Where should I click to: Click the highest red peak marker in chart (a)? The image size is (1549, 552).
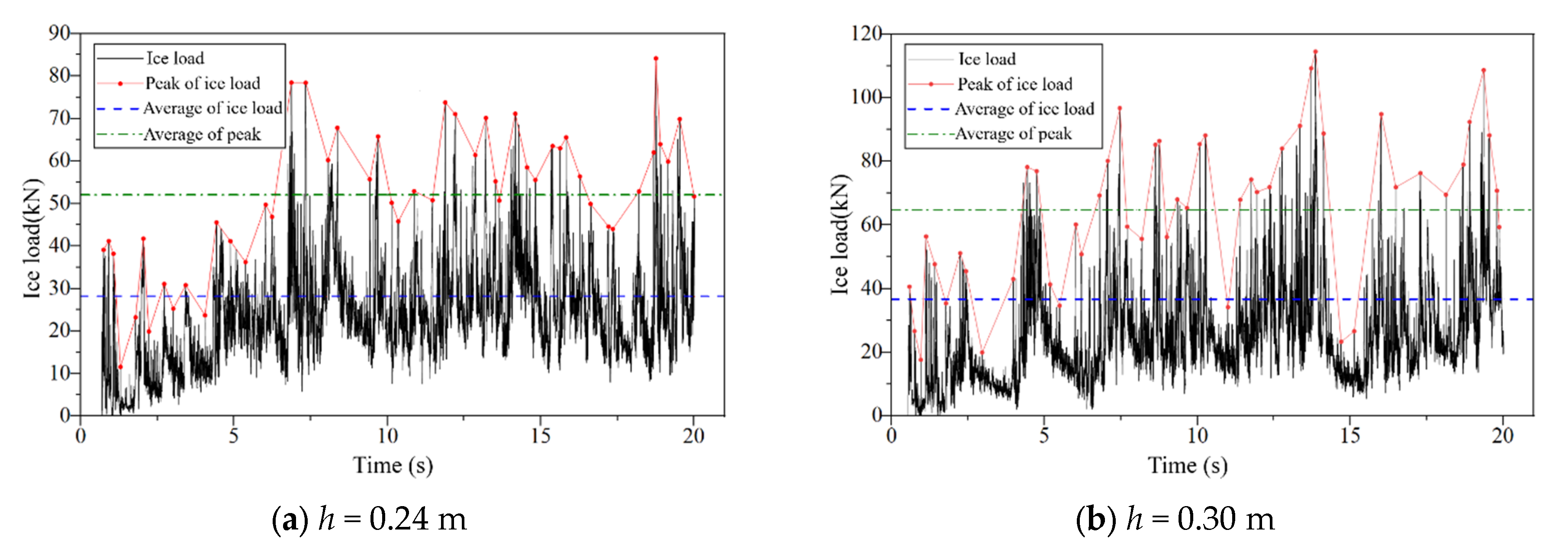click(x=655, y=58)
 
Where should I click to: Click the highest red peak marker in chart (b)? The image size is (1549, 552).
click(x=1315, y=52)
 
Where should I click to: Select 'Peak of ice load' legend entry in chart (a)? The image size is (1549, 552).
click(x=203, y=83)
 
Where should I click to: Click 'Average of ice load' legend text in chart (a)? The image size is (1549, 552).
click(x=212, y=108)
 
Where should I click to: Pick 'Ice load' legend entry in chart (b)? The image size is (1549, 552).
click(x=986, y=59)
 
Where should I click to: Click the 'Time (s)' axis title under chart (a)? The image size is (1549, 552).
click(x=393, y=465)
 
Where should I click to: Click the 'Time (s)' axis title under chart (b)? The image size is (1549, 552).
click(x=1188, y=465)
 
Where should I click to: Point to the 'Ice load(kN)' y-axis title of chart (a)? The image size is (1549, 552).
click(x=33, y=238)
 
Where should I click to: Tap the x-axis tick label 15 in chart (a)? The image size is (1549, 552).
click(x=540, y=436)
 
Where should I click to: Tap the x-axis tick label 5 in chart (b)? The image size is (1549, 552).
click(x=1044, y=436)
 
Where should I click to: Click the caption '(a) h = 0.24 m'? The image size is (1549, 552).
click(x=369, y=518)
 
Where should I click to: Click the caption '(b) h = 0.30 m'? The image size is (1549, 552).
click(x=1174, y=518)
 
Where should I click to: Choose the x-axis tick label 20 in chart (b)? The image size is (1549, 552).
click(x=1502, y=436)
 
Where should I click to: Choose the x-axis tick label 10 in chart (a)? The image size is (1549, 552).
click(x=387, y=436)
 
